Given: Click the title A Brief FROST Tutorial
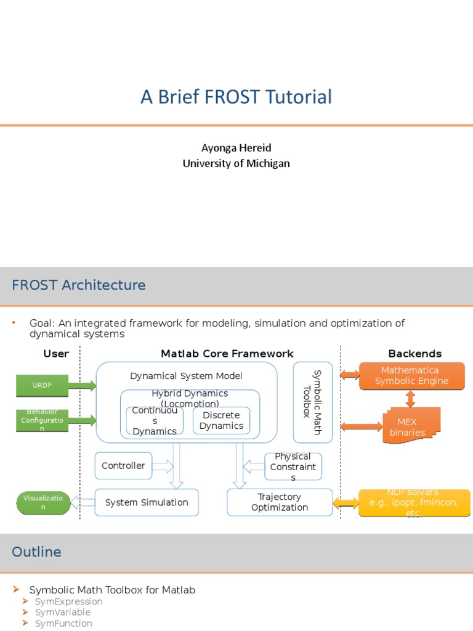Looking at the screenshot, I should point(236,97).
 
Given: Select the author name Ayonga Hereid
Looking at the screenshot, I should point(236,148).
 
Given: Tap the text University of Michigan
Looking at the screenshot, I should point(236,163).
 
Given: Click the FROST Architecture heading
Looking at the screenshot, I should point(79,285).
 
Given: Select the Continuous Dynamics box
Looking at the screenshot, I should point(155,420).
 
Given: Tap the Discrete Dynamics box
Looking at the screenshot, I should point(221,420).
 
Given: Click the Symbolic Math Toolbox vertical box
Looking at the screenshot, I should point(313,402).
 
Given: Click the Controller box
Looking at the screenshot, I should point(123,466).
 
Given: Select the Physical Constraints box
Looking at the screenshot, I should point(293,466).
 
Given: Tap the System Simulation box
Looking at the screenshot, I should point(147,502).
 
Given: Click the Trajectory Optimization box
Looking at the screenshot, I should point(280,502).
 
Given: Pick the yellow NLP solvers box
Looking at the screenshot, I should point(414,503).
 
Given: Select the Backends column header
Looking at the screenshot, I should point(414,354).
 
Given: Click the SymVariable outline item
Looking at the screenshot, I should point(63,613).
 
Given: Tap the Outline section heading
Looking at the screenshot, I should point(37,552).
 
